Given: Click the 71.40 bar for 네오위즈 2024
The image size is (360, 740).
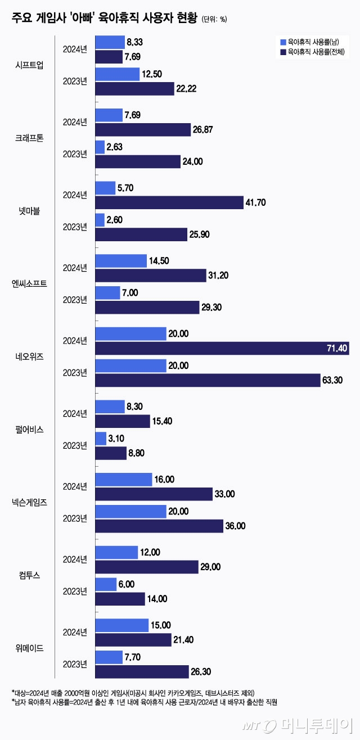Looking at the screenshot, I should coord(222,349).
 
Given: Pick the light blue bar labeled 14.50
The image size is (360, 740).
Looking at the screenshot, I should coord(121,261).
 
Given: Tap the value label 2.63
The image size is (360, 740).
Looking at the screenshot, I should coord(115,147).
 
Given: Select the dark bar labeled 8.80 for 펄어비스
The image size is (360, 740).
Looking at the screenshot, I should coord(111,453).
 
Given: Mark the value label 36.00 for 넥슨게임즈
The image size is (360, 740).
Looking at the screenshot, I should coord(236,526).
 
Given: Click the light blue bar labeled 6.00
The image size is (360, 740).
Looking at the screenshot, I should coord(106,584).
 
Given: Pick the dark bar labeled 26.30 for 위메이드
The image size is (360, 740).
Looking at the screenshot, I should coord(142,671).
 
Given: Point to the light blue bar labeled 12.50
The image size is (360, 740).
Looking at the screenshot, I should coord(117,74).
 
